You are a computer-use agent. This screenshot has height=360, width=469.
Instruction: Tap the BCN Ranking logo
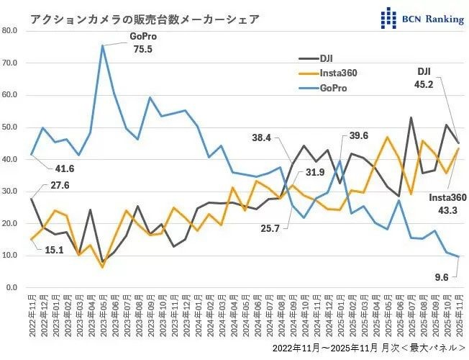(x=422, y=18)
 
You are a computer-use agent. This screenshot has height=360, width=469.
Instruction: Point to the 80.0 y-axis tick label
(x=10, y=30)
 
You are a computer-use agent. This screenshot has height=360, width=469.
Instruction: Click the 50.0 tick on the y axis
(x=10, y=127)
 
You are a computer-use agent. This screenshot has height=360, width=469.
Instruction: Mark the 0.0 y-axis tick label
(x=12, y=288)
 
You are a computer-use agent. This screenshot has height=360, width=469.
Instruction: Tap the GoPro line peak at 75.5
(x=103, y=45)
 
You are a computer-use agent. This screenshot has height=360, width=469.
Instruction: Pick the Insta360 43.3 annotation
(x=448, y=203)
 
